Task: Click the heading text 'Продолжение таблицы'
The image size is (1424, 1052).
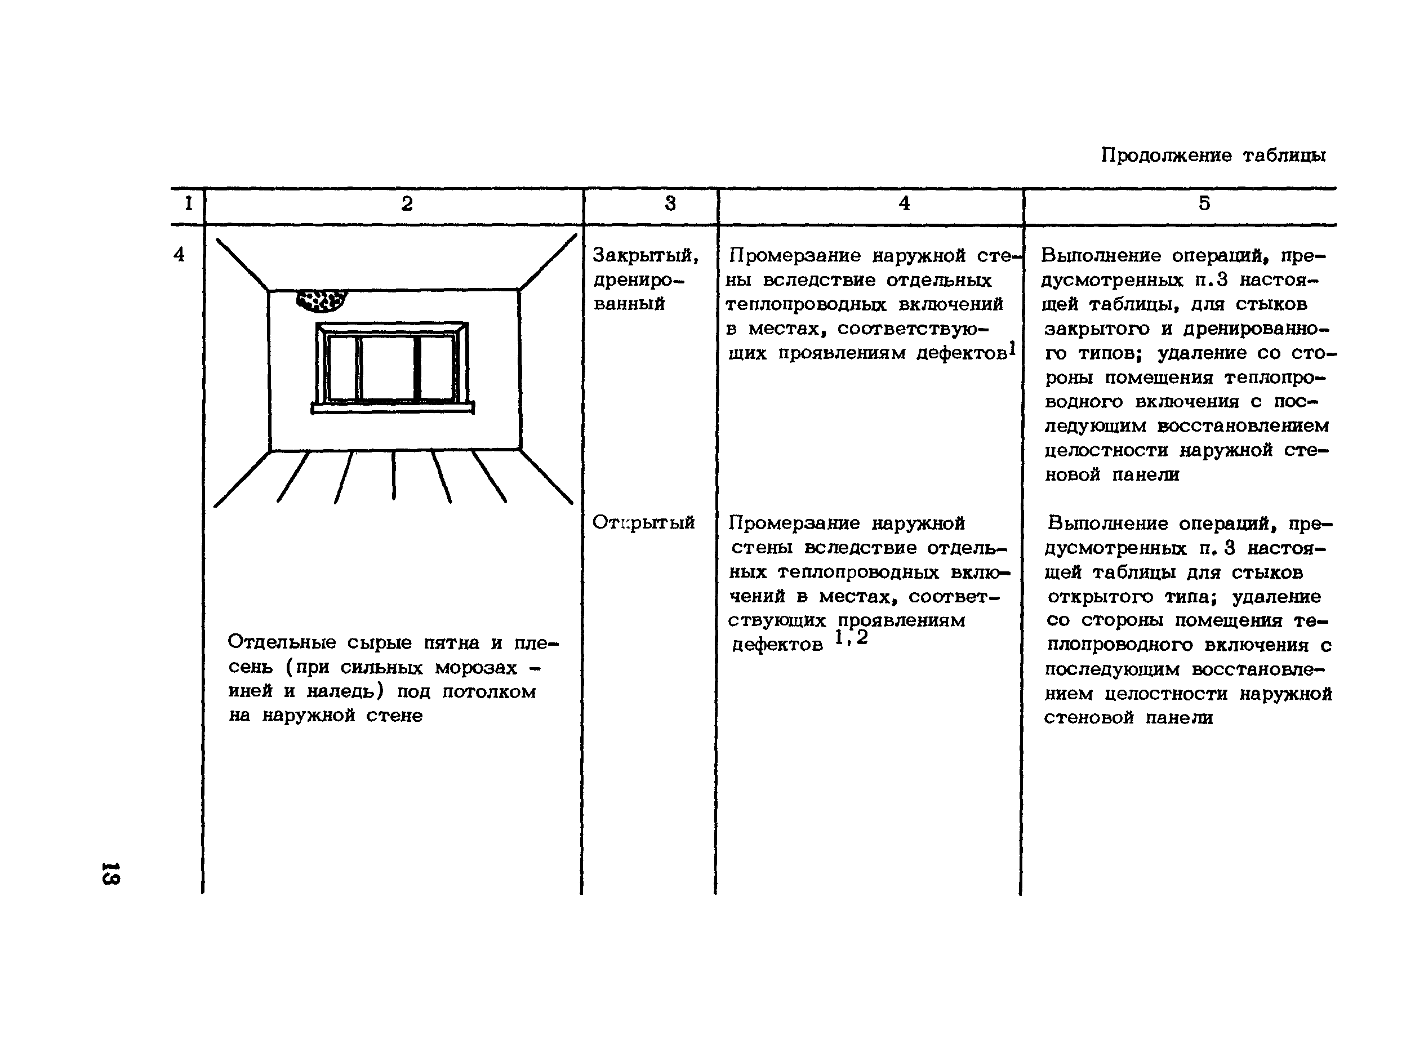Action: click(x=1213, y=156)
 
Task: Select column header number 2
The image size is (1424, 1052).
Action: click(x=407, y=204)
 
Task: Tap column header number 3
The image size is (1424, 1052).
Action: click(x=670, y=204)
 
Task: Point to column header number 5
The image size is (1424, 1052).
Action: click(x=1204, y=204)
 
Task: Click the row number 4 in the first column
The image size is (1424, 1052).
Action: click(x=179, y=255)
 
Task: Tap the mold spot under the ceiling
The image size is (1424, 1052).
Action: click(x=322, y=300)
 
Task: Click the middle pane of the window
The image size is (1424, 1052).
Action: click(x=388, y=368)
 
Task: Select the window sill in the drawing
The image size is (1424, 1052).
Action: click(x=393, y=407)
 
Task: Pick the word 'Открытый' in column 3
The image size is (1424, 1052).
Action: click(x=643, y=523)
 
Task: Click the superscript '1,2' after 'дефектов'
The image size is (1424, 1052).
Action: click(x=851, y=637)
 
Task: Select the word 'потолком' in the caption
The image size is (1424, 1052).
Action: click(x=489, y=691)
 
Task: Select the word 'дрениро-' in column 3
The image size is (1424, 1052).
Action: click(x=638, y=280)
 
